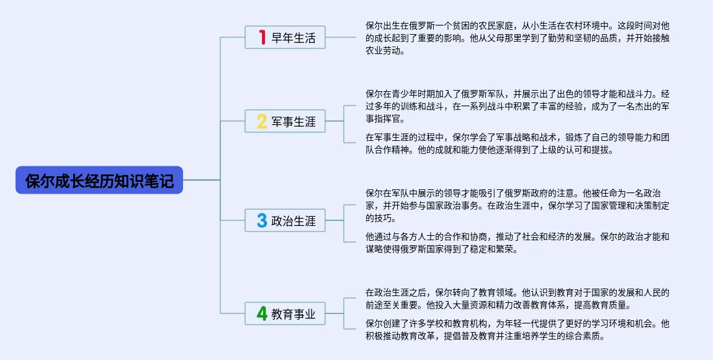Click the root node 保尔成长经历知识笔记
tap(99, 180)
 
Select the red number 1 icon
tap(262, 38)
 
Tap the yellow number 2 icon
tap(262, 121)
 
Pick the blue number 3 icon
tap(262, 220)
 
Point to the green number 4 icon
tap(262, 314)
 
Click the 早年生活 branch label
tap(294, 38)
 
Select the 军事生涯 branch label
tap(294, 122)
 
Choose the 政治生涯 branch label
tap(294, 221)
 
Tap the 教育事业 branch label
tap(294, 315)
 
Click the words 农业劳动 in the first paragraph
tap(385, 51)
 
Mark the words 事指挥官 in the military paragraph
tap(385, 119)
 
